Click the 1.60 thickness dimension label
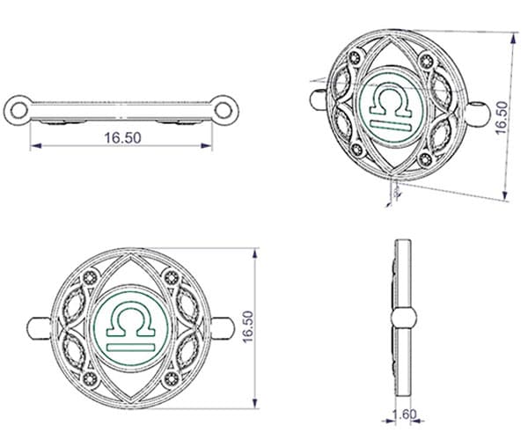(405, 414)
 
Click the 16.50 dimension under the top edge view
(122, 138)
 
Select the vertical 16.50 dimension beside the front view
(248, 326)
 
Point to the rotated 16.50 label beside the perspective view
(502, 117)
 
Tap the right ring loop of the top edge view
(224, 110)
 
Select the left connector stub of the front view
(39, 328)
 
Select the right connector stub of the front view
(223, 328)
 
